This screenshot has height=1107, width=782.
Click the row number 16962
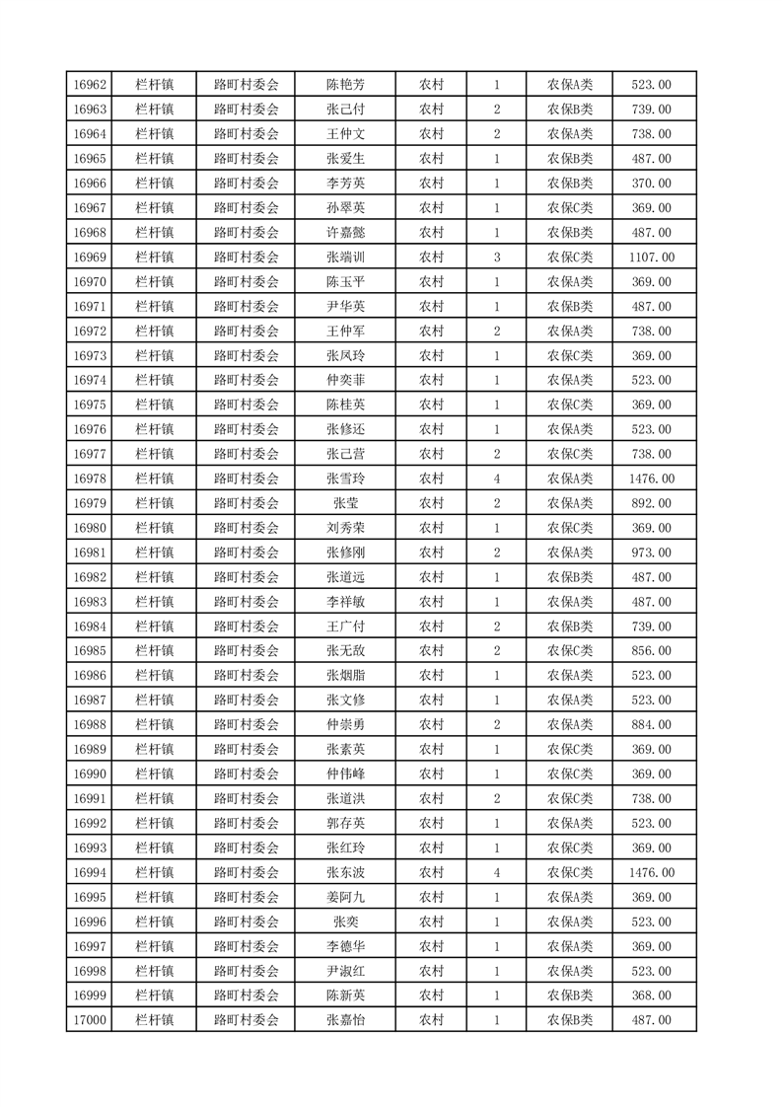[90, 85]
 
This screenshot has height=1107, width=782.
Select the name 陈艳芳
[345, 85]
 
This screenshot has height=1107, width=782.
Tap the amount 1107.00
[652, 258]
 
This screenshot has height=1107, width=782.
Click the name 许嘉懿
[345, 233]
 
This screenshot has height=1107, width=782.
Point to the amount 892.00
[652, 503]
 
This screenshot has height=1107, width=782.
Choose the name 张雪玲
[345, 479]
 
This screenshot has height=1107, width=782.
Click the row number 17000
[90, 1020]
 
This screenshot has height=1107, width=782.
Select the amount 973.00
[652, 553]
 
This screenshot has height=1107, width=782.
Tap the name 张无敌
[345, 651]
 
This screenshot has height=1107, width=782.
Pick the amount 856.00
[652, 651]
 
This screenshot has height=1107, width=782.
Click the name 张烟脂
[345, 676]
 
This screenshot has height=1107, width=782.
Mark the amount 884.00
[652, 725]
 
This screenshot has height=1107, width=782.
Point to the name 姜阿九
[345, 897]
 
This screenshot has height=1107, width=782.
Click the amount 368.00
[652, 996]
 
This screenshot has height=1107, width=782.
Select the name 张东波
[345, 872]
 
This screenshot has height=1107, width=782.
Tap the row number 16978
[90, 479]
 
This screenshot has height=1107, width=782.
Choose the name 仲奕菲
[345, 380]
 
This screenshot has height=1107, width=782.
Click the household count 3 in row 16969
[496, 258]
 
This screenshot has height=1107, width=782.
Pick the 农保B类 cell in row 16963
[570, 110]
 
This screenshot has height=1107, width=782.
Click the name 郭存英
[345, 823]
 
